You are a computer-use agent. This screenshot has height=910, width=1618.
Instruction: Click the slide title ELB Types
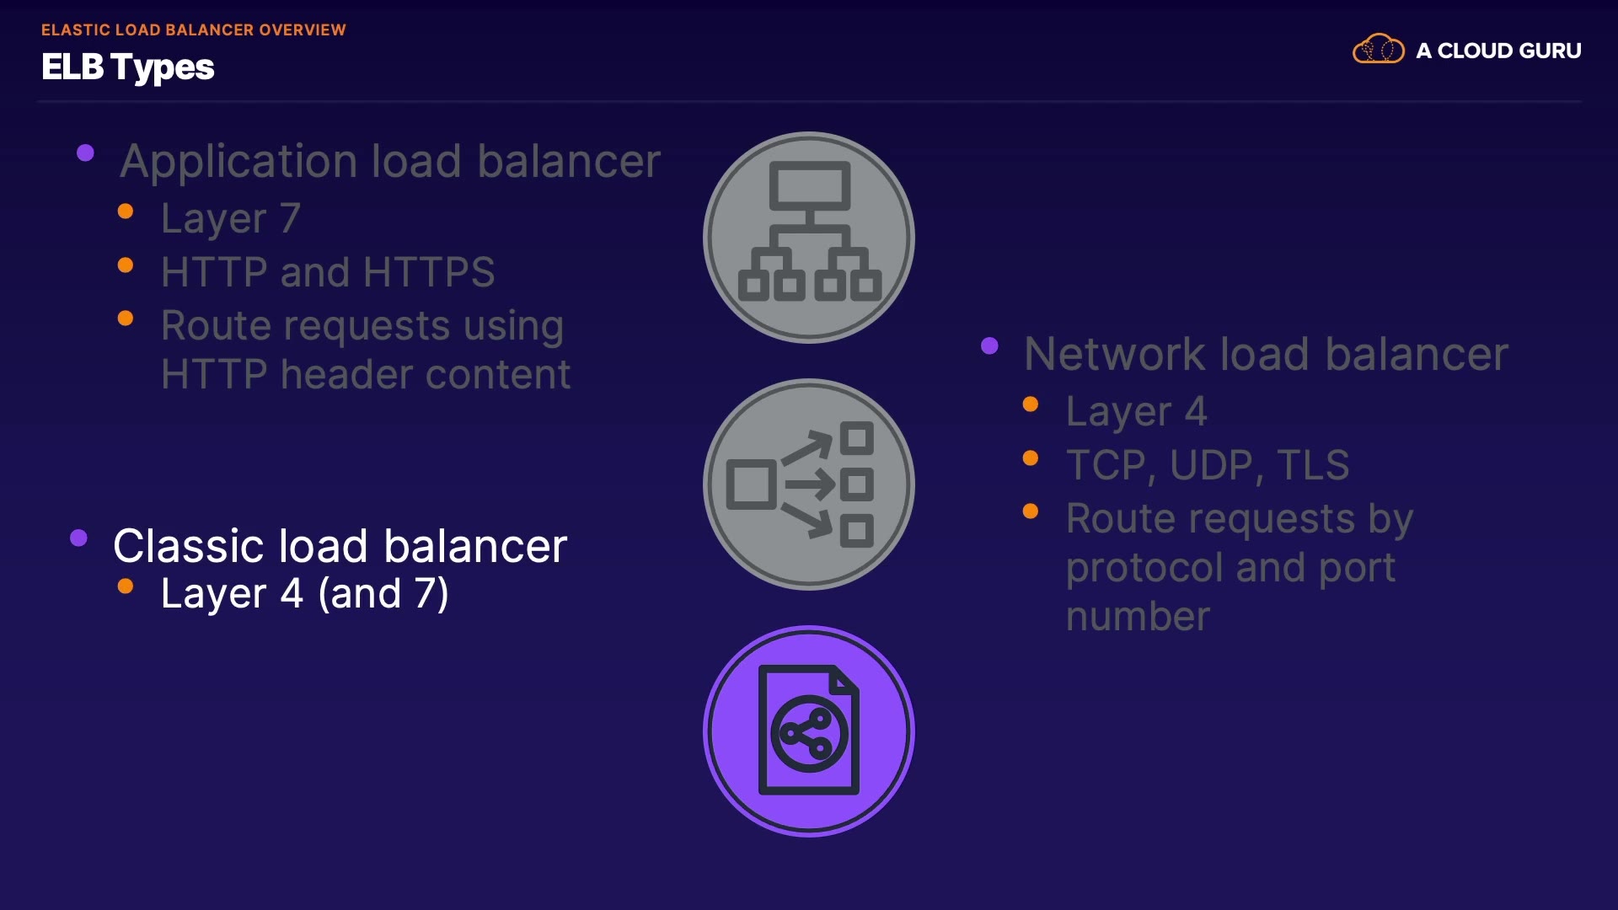tap(128, 67)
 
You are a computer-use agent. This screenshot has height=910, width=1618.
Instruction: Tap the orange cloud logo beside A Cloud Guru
tap(1378, 50)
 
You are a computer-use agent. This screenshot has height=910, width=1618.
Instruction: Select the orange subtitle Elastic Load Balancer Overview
tap(194, 29)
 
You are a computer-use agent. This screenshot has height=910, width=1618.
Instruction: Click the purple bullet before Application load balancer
tap(85, 153)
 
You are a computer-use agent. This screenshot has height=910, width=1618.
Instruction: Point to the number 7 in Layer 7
tap(290, 218)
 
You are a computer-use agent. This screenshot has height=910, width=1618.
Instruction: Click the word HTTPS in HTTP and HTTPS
tap(429, 272)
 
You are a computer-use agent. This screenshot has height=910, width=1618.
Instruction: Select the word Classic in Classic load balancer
tap(189, 546)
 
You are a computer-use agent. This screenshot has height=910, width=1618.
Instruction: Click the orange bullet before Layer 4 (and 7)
tap(126, 586)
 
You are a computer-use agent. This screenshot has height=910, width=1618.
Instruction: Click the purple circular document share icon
tap(809, 731)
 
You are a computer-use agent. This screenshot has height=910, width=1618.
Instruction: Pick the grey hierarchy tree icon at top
tap(809, 237)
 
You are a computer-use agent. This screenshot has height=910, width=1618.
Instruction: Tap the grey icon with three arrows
tap(809, 484)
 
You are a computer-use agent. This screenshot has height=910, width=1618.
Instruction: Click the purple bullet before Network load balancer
tap(989, 345)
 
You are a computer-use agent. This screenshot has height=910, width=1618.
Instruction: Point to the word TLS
tap(1313, 465)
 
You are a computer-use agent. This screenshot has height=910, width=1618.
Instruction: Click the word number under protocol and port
tap(1138, 617)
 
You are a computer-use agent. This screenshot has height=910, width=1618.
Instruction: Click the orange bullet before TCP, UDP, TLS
tap(1030, 458)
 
